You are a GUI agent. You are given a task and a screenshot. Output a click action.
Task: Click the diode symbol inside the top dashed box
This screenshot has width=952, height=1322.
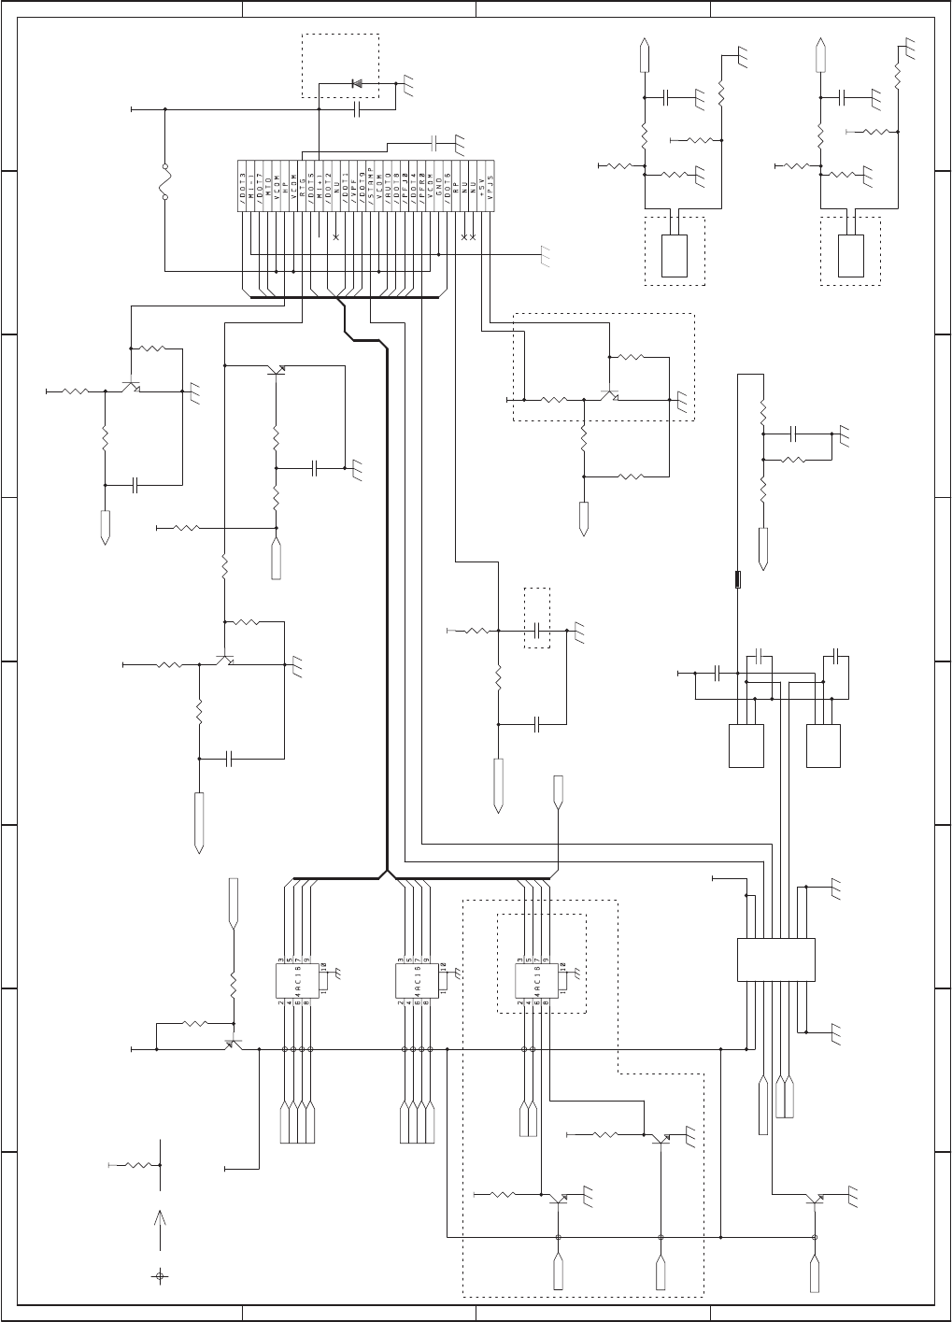click(x=356, y=83)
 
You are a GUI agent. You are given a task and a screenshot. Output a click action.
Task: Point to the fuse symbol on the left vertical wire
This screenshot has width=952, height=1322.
click(x=165, y=185)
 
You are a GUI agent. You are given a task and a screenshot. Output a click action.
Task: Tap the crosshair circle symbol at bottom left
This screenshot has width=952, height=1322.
click(x=160, y=1276)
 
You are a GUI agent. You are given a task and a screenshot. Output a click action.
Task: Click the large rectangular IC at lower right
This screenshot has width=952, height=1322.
click(x=775, y=960)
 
